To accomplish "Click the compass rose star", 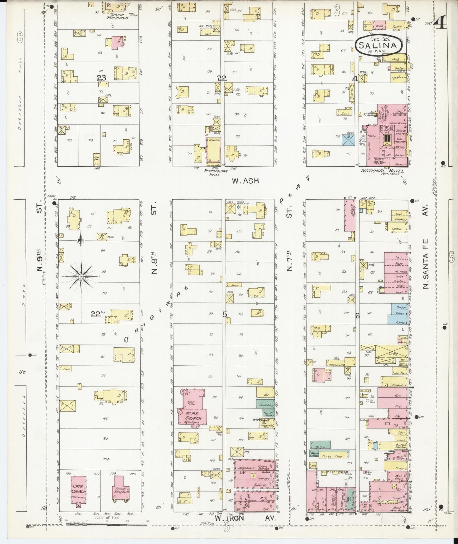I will click(81, 276).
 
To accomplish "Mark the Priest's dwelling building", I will click(119, 489).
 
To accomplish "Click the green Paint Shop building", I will click(265, 403).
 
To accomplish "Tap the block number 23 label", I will click(101, 77).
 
